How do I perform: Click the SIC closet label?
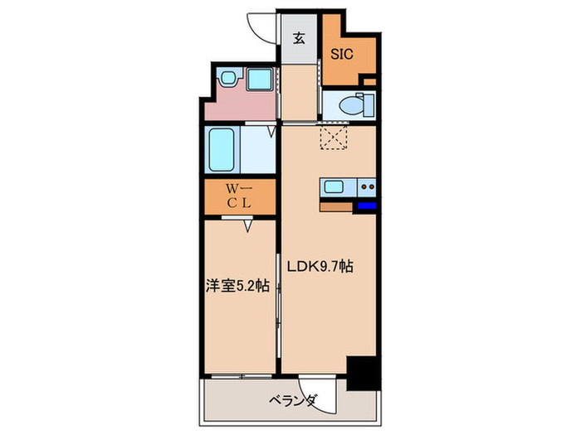pos(343,56)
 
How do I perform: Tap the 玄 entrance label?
pos(297,36)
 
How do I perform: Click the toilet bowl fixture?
pos(355,105)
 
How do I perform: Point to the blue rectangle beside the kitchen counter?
pos(367,205)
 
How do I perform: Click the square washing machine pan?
pos(261,80)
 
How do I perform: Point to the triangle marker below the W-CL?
pos(247,224)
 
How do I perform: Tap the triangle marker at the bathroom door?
pos(271,130)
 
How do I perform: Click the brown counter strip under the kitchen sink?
pos(336,206)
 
